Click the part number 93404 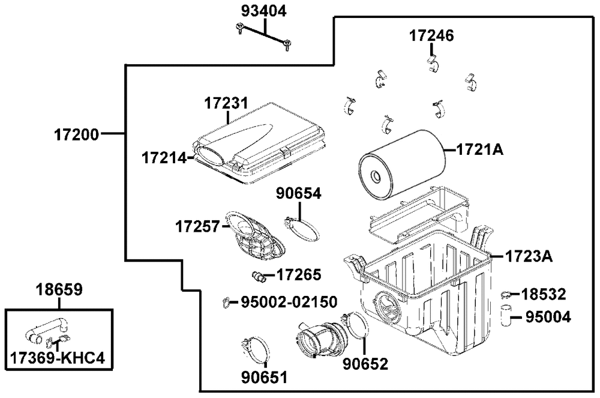tap(264, 11)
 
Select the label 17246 tap(432, 35)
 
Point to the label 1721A tap(480, 149)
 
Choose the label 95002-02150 tap(289, 301)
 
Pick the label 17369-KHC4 tap(58, 358)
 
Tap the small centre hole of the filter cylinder tap(375, 176)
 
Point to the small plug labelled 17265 tap(260, 277)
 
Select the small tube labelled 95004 tap(506, 315)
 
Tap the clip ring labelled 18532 tap(506, 294)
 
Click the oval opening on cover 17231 tap(210, 154)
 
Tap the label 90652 tap(365, 364)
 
